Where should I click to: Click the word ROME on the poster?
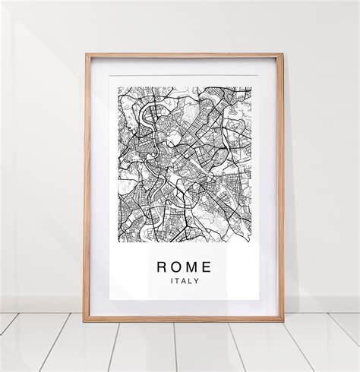[184, 266]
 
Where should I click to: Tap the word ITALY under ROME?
[184, 281]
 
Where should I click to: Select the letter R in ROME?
[161, 266]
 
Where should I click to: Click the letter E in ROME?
[207, 266]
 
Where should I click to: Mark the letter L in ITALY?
[190, 281]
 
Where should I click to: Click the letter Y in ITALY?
[197, 281]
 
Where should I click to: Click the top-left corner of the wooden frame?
[86, 55]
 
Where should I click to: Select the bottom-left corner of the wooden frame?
[85, 320]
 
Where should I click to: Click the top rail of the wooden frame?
[184, 55]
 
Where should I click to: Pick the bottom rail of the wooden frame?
[184, 319]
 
